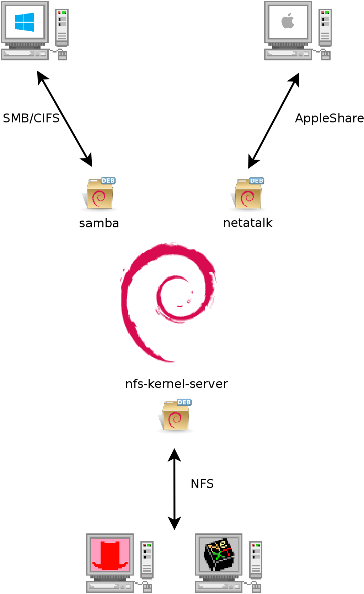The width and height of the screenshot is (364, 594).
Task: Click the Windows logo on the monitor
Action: coord(25,22)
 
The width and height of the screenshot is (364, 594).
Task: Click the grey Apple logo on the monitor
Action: coord(288,21)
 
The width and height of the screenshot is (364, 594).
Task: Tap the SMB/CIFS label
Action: coord(31,118)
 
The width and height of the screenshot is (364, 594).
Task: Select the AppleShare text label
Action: coord(329,118)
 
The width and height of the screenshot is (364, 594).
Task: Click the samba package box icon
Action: coord(100,195)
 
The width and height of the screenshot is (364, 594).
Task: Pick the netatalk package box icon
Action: coord(248,195)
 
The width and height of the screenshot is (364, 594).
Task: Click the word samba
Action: coord(99,223)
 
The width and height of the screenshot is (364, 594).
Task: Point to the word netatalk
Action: coord(248,223)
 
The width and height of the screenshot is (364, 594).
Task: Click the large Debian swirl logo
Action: coord(167,302)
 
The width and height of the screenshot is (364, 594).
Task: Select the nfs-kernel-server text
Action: coord(176,384)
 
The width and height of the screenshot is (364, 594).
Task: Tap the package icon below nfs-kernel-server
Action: coord(175,417)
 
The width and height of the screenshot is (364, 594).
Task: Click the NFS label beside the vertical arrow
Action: coord(202,484)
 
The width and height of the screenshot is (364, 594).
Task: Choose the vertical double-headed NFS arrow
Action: coord(175,489)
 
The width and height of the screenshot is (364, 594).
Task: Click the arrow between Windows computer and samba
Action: coord(65,119)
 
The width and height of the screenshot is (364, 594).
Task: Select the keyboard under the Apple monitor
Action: coord(288,54)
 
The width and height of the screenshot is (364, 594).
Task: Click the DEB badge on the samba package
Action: coord(108,180)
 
